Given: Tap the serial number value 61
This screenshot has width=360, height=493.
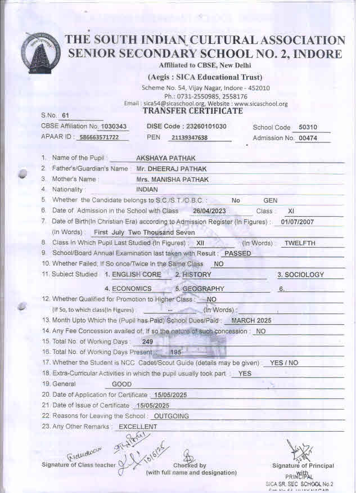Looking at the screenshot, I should pos(65,115).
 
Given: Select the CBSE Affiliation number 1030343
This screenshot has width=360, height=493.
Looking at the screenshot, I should pos(113,127).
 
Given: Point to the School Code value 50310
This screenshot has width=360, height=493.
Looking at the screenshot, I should pos(308,128).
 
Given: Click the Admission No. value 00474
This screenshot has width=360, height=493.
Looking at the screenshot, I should pos(308,138).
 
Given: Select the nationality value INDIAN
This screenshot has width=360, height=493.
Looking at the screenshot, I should pos(147,190).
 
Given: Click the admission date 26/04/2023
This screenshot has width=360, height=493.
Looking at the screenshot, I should pos(209,211).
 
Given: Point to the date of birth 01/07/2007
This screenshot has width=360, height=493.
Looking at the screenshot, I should pos(297,222).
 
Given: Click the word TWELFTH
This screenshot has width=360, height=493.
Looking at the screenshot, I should pos(300,243).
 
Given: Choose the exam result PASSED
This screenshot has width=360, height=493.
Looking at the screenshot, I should pos(237,253).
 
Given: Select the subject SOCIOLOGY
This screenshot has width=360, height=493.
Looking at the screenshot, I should pos(301,275).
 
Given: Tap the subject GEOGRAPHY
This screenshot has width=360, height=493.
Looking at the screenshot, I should pos(203,289).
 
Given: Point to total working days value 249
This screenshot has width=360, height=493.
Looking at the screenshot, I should pos(147,342).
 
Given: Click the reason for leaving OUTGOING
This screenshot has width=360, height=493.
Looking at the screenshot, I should pos(171,416).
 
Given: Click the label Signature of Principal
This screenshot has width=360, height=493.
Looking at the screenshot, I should pos(303,466).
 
